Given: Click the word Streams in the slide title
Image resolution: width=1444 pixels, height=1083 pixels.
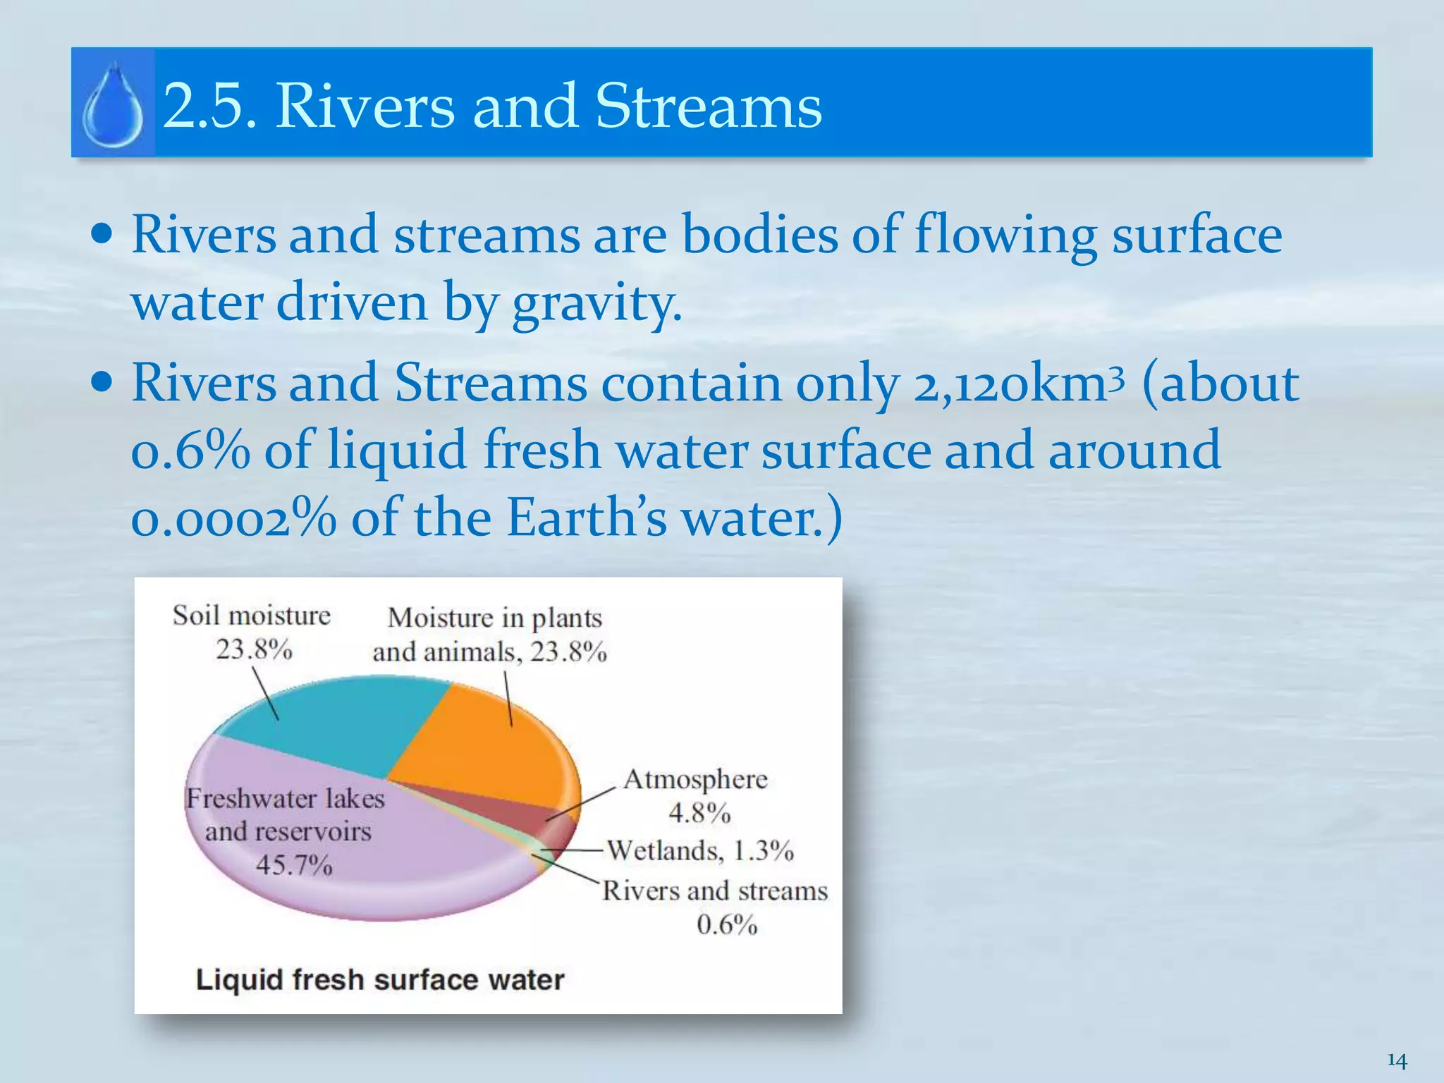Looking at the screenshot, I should point(709,106).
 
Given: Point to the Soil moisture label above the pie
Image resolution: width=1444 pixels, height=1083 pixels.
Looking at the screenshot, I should point(252,616).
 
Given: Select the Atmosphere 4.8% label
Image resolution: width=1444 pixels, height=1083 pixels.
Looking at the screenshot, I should point(697,795).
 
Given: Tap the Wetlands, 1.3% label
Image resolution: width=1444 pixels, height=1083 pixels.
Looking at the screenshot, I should point(700,851).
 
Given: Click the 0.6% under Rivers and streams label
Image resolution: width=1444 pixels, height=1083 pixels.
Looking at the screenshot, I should point(727,924).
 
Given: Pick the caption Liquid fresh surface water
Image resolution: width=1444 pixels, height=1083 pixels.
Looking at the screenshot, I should point(380,980).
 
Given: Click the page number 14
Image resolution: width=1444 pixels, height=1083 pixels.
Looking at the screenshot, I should point(1397,1060).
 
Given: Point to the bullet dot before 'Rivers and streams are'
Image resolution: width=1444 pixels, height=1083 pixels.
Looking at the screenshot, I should point(102,233).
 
